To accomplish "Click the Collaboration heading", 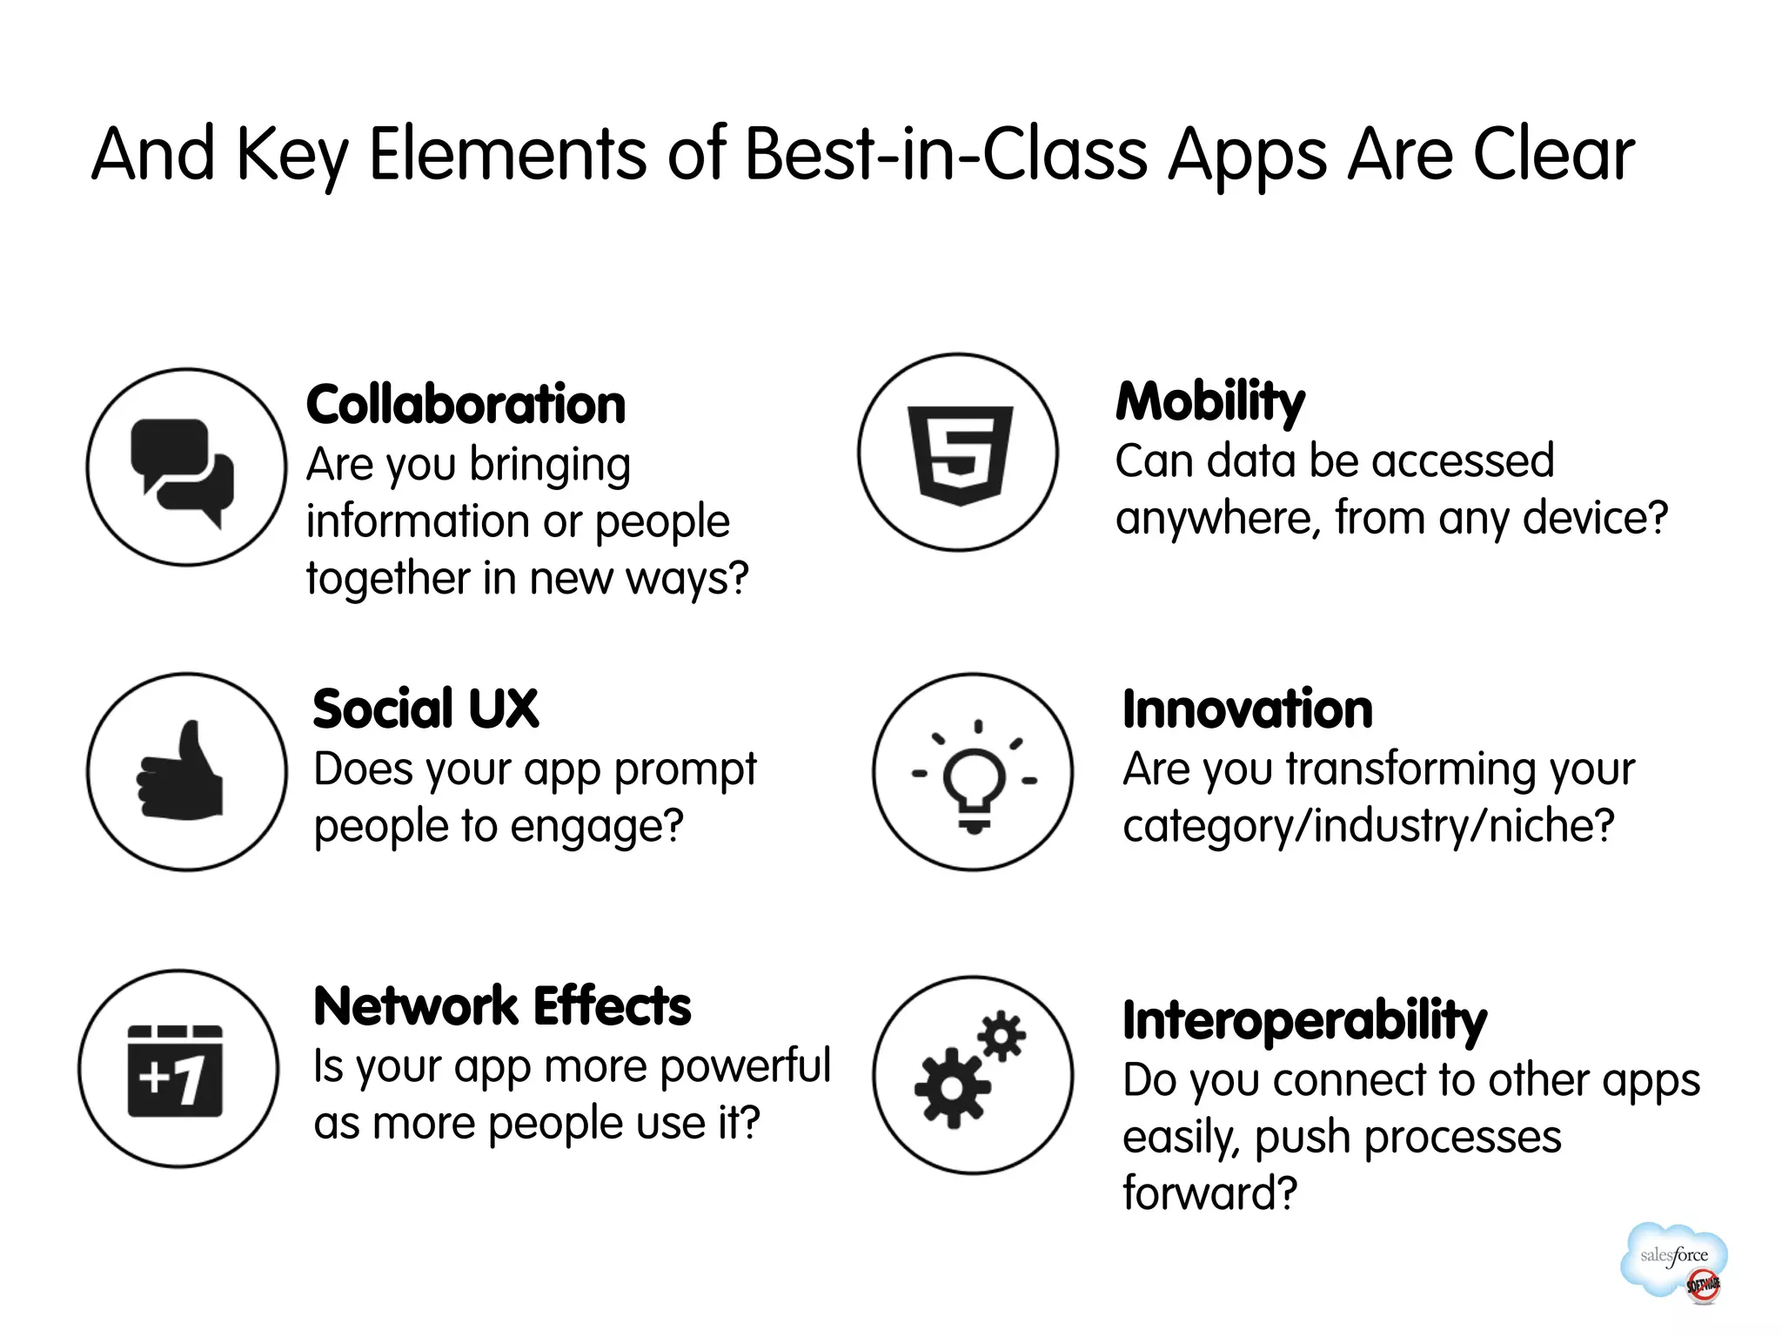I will [466, 405].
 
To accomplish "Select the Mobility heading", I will [1210, 402].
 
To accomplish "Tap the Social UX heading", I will [425, 709].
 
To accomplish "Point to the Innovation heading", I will [1248, 709].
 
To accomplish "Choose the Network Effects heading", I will [502, 1006].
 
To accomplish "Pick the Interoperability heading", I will [1304, 1020].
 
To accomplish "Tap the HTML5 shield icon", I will [959, 454].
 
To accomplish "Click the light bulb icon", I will [974, 776].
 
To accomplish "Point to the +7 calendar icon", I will [176, 1071].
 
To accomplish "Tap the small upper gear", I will [1002, 1036].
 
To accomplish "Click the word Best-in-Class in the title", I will [946, 155].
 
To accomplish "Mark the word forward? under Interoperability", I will [1209, 1193].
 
